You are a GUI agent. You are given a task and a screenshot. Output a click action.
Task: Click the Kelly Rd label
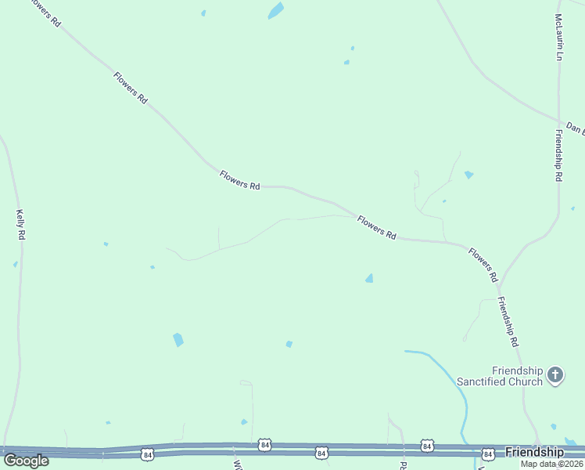point(20,224)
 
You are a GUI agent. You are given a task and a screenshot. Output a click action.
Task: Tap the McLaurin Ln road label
point(558,37)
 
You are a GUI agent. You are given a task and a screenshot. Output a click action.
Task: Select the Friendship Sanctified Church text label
point(516,376)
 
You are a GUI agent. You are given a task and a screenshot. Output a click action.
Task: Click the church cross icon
point(555,375)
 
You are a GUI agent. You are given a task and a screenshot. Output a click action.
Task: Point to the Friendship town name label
point(534,452)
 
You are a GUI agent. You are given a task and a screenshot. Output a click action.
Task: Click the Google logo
point(26,460)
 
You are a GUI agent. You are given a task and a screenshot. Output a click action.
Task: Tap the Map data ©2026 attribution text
point(551,463)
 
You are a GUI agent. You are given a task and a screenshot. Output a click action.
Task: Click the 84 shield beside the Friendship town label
point(488,454)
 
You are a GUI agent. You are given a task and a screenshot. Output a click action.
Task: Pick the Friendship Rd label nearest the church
point(508,322)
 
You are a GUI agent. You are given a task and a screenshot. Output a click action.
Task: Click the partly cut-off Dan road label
point(575,127)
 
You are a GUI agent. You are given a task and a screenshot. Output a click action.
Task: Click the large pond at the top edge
point(275,11)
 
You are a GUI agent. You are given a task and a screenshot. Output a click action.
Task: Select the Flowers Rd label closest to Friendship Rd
point(483,265)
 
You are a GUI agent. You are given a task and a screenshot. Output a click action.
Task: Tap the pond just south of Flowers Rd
point(368,278)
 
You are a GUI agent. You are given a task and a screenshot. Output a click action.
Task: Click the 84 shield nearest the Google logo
point(147,454)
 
